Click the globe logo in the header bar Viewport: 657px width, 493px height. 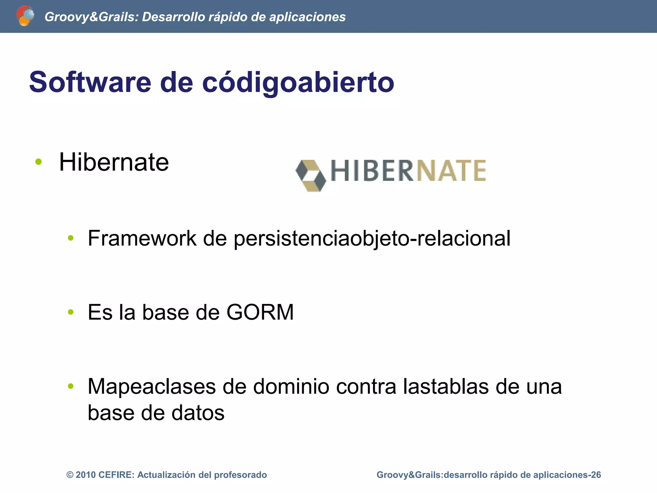[25, 16]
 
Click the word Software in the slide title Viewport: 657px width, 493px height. [90, 82]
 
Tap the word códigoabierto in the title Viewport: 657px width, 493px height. [298, 83]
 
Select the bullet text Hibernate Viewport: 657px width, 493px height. [114, 162]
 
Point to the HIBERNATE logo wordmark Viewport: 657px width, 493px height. [408, 171]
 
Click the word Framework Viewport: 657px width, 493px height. [142, 238]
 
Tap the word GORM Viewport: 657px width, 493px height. [260, 312]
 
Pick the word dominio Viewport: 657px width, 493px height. [291, 386]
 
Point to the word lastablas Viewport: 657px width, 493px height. [446, 386]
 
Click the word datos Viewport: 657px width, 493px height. [198, 413]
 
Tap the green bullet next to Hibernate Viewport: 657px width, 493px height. [38, 162]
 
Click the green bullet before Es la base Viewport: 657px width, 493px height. [71, 312]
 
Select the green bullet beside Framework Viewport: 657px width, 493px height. [71, 238]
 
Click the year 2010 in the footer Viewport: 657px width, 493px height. [86, 475]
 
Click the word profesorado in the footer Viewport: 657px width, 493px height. [240, 475]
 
